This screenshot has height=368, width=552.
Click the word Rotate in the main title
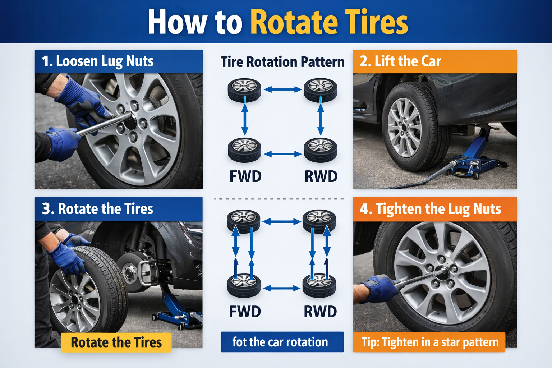[x=294, y=22]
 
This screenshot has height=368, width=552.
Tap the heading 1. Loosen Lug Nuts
[x=97, y=61]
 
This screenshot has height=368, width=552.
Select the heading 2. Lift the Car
[x=400, y=61]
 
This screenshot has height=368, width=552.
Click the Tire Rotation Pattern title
[x=282, y=62]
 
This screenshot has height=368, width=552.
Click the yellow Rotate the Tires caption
[x=116, y=342]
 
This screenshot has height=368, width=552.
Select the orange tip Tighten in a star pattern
[x=429, y=342]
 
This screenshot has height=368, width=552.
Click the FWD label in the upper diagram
[x=245, y=176]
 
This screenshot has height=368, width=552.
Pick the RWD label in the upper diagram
[x=321, y=176]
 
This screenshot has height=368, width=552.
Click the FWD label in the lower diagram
[x=245, y=312]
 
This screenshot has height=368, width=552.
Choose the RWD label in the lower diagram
[x=320, y=312]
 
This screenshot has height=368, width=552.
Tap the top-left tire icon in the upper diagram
[x=244, y=90]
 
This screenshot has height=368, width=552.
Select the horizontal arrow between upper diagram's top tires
[x=283, y=89]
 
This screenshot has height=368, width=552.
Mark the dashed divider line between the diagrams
[x=279, y=199]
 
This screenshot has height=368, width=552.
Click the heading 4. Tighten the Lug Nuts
[x=430, y=209]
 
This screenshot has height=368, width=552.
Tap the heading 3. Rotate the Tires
[x=97, y=209]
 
